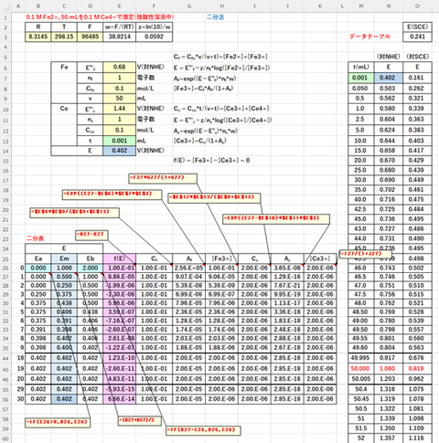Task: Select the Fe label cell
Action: (x=64, y=66)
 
